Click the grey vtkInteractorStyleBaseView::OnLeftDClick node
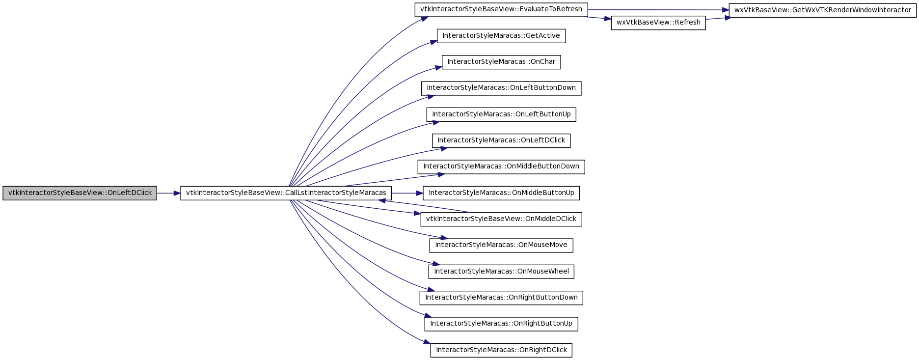[x=80, y=193]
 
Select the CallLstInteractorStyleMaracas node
[x=286, y=193]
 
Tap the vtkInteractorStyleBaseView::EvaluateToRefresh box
[x=501, y=10]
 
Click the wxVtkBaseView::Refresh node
[x=658, y=23]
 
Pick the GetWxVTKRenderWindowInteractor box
[x=822, y=10]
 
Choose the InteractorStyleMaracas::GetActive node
[x=501, y=36]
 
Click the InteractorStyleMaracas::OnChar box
[x=501, y=62]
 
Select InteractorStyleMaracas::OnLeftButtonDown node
[x=501, y=88]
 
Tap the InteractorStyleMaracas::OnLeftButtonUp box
[x=501, y=114]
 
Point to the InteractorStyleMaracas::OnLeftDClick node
[x=501, y=140]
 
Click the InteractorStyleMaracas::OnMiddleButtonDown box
[x=501, y=167]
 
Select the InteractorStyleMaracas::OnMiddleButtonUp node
[x=501, y=193]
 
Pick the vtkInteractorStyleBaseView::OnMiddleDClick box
[x=501, y=219]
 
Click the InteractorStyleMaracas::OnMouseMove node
[x=501, y=246]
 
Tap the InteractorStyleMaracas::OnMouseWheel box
[x=501, y=272]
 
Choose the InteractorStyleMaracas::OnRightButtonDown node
[x=501, y=298]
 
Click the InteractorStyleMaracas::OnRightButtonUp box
[x=501, y=324]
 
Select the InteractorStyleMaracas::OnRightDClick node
[x=501, y=350]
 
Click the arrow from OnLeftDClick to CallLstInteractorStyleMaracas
[x=168, y=193]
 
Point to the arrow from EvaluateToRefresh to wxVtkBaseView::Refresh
[x=599, y=18]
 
